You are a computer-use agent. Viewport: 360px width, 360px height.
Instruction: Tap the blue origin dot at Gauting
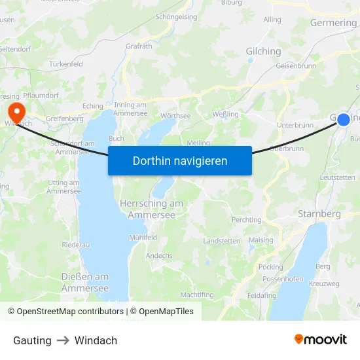(x=343, y=120)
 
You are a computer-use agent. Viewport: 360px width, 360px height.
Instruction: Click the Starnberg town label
(x=319, y=214)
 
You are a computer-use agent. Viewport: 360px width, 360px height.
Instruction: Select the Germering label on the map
(x=334, y=23)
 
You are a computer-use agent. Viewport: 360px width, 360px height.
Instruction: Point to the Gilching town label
(x=263, y=51)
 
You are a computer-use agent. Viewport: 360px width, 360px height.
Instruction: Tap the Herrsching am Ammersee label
(x=151, y=209)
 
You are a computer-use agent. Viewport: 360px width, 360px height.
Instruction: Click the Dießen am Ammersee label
(x=85, y=282)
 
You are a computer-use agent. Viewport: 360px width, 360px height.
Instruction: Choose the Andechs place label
(x=159, y=255)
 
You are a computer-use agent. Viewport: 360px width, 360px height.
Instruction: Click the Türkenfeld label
(x=65, y=64)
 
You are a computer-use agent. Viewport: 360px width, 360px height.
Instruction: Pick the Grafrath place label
(x=139, y=47)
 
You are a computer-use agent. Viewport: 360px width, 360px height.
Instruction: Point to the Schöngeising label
(x=176, y=17)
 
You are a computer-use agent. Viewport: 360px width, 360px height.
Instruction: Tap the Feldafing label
(x=262, y=295)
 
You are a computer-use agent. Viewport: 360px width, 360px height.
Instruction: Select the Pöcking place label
(x=271, y=267)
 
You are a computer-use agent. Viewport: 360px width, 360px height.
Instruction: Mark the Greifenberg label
(x=65, y=119)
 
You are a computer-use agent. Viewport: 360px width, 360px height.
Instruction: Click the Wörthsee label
(x=175, y=116)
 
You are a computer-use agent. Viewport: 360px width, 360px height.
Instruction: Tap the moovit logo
(x=320, y=340)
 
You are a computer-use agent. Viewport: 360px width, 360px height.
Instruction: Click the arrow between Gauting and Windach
(x=63, y=340)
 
